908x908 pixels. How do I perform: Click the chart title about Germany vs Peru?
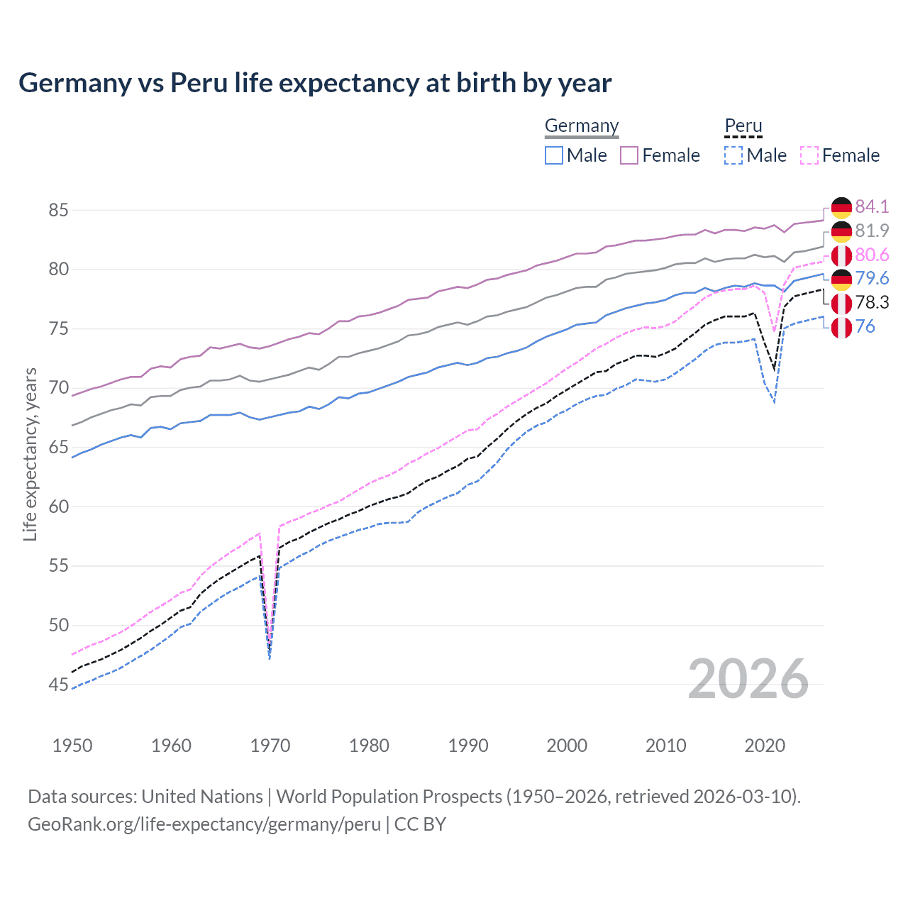click(315, 83)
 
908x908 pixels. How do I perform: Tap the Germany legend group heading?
click(582, 126)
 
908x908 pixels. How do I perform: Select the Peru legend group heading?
click(743, 126)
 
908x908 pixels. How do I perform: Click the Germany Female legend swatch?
click(629, 155)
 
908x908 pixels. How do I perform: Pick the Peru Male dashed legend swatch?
click(733, 155)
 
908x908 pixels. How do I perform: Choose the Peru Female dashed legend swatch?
click(809, 155)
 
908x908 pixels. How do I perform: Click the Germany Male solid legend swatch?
click(554, 155)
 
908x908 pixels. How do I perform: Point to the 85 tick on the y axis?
click(58, 210)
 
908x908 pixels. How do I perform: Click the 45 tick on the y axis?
click(58, 685)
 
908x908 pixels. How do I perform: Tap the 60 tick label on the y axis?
click(58, 506)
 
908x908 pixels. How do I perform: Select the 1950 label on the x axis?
click(72, 746)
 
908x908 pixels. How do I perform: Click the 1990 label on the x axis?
click(468, 746)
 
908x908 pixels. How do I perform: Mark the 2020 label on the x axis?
click(765, 746)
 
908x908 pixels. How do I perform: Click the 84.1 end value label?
click(871, 206)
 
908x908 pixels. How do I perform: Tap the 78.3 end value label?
click(871, 302)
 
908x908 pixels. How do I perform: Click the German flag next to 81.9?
click(841, 231)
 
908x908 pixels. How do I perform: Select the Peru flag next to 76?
click(841, 327)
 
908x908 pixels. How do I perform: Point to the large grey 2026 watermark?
click(748, 679)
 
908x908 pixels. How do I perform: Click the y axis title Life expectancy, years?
click(30, 454)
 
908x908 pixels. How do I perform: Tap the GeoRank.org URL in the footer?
click(204, 824)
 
